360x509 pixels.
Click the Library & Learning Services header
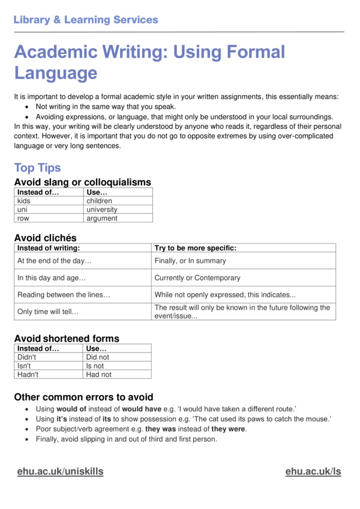click(86, 20)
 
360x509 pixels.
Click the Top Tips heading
click(37, 168)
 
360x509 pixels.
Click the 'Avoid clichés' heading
click(46, 238)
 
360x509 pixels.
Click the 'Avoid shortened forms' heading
click(67, 339)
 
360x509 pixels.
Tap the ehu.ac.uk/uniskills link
click(60, 471)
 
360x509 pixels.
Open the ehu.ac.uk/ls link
click(313, 471)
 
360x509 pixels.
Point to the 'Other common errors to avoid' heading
click(83, 397)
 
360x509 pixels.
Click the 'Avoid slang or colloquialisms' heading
click(82, 182)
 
